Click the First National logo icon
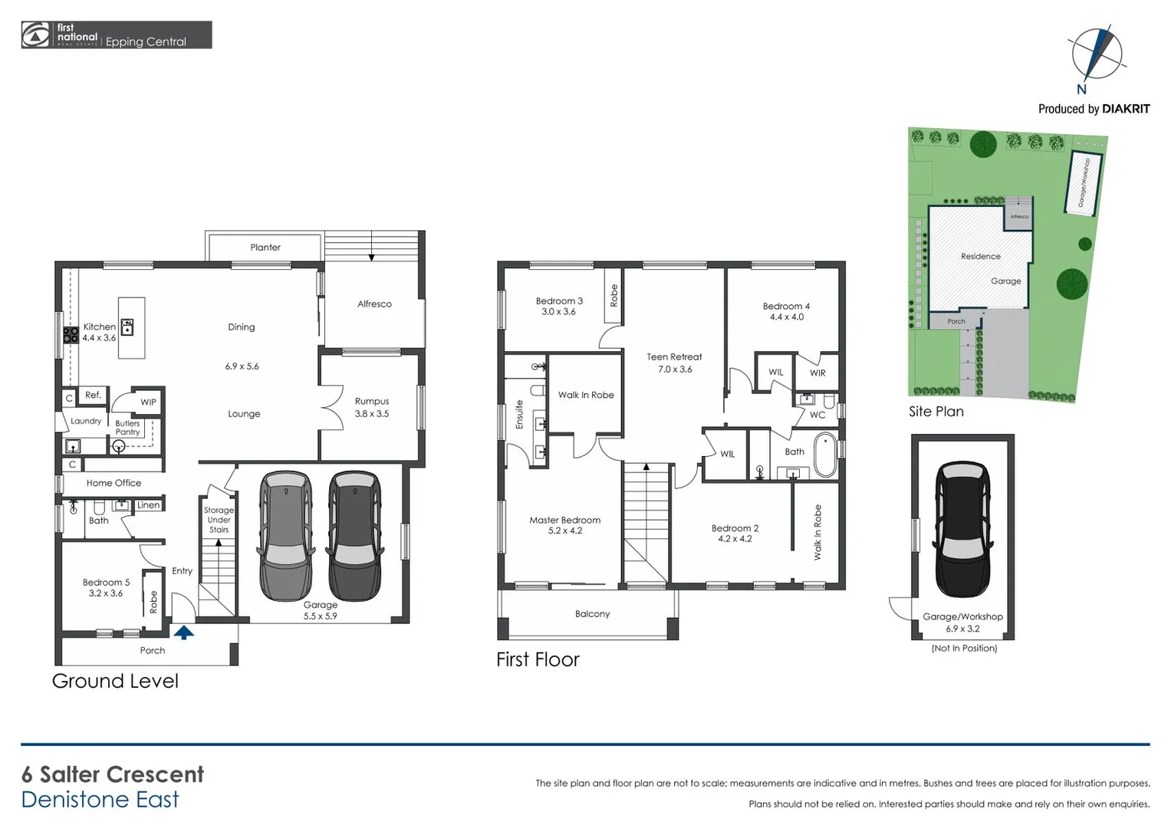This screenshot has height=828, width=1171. pyautogui.click(x=35, y=35)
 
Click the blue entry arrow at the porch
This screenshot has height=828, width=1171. pyautogui.click(x=183, y=632)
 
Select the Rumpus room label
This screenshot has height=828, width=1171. pyautogui.click(x=372, y=401)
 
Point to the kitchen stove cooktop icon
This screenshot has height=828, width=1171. pyautogui.click(x=71, y=334)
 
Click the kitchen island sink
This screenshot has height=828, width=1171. pyautogui.click(x=127, y=327)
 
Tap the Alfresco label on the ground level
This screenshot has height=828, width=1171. pyautogui.click(x=374, y=304)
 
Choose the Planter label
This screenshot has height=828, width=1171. pyautogui.click(x=265, y=248)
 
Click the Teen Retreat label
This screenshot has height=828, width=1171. pyautogui.click(x=674, y=357)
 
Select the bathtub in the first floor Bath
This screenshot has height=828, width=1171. pyautogui.click(x=825, y=455)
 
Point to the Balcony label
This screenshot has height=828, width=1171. pyautogui.click(x=592, y=614)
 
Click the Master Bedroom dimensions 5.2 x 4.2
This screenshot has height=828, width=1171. pyautogui.click(x=565, y=531)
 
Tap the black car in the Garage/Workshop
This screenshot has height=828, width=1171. pyautogui.click(x=962, y=528)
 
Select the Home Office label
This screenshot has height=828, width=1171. pyautogui.click(x=113, y=483)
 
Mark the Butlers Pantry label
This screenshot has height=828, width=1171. pyautogui.click(x=127, y=428)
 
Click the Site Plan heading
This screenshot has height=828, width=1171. pyautogui.click(x=936, y=412)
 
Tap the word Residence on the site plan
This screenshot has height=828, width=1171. pyautogui.click(x=980, y=257)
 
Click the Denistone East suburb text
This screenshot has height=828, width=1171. pyautogui.click(x=100, y=800)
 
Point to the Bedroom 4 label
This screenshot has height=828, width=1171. pyautogui.click(x=786, y=307)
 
